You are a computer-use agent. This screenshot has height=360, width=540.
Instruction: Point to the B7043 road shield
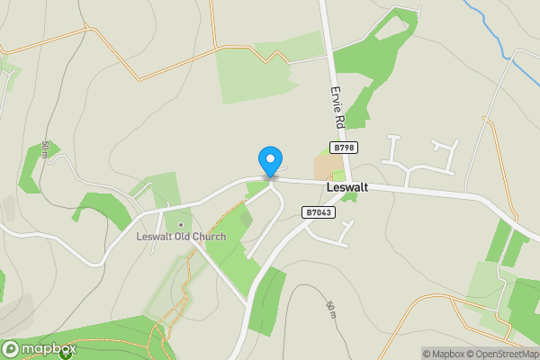pos(319,213)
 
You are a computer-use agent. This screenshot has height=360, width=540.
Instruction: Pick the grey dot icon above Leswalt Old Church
pos(180,224)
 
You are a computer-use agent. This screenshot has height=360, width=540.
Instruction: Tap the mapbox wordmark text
pos(49,349)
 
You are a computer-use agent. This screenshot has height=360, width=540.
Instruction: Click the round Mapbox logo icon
pos(12,349)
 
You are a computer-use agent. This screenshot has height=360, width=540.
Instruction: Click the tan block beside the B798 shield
pos(322,168)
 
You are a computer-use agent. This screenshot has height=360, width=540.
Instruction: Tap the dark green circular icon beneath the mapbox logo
pos(65,355)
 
